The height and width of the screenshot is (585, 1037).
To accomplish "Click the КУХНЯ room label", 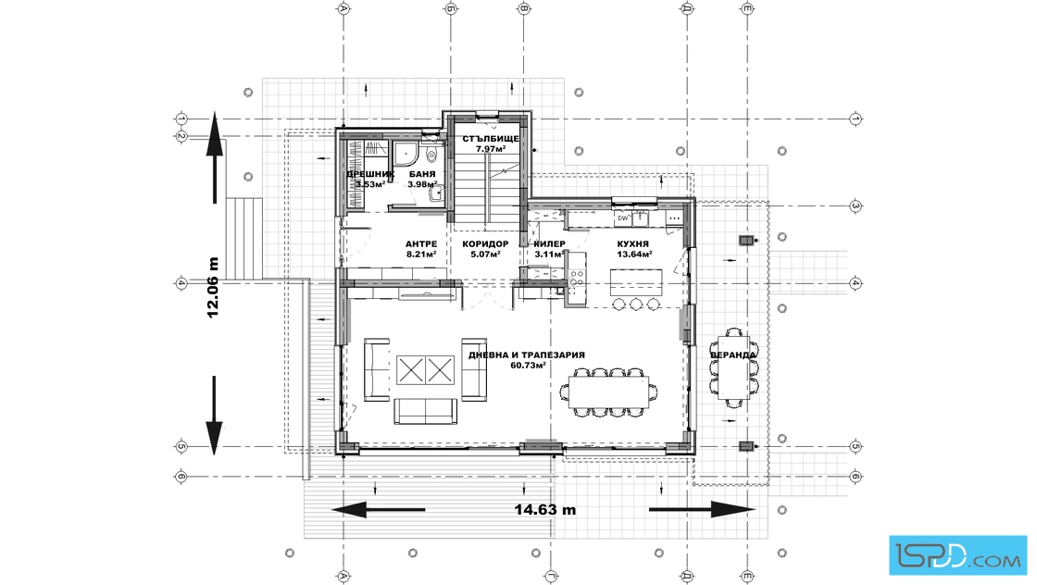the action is [632, 244].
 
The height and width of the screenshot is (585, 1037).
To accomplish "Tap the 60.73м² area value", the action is [528, 366].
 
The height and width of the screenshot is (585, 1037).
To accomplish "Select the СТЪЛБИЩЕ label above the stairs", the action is [490, 139].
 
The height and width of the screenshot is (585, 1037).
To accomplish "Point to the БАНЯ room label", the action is [422, 175].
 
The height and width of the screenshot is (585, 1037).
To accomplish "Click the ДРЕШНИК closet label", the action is [370, 175].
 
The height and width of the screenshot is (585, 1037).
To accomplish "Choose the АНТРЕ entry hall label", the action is [420, 244].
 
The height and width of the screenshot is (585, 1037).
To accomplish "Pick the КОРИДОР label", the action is [485, 244].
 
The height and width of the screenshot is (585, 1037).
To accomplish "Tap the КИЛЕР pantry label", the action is [550, 244].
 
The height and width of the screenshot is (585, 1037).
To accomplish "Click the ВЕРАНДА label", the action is [732, 355].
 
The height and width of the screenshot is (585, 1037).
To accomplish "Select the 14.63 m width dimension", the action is [545, 510].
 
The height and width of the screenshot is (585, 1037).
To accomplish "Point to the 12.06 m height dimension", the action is [213, 288].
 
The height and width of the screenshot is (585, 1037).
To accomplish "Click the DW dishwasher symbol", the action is [622, 218].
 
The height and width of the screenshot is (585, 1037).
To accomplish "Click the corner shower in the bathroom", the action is [404, 153].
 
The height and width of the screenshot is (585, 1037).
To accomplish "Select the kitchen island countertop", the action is [635, 282].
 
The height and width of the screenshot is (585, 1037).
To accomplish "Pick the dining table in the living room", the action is [608, 392].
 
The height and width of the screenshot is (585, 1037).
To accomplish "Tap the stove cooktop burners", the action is [576, 278].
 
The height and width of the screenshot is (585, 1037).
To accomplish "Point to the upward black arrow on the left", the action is [214, 157].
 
